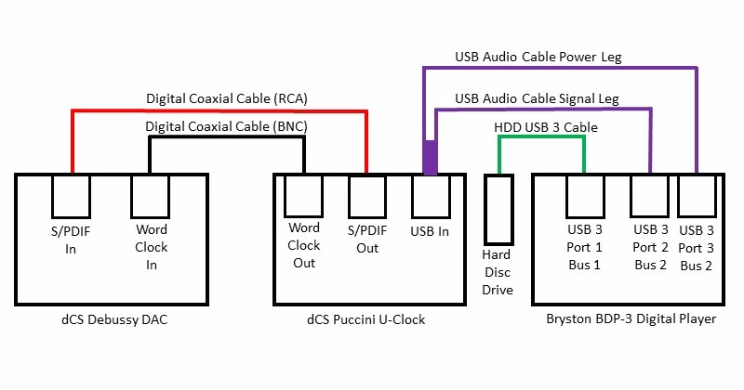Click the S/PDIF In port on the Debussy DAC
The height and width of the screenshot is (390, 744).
click(71, 193)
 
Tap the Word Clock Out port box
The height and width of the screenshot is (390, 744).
click(303, 193)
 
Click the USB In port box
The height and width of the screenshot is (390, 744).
click(430, 193)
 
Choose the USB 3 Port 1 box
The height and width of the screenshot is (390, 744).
click(585, 193)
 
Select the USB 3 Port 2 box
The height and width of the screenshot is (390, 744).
click(650, 193)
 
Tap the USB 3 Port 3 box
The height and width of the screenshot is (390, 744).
click(697, 193)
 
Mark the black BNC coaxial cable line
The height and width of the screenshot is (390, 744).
click(227, 138)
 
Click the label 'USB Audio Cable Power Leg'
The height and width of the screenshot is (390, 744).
click(538, 57)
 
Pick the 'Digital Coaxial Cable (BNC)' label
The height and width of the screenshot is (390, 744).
click(227, 126)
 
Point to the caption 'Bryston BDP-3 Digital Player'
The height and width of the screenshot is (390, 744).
click(627, 320)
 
